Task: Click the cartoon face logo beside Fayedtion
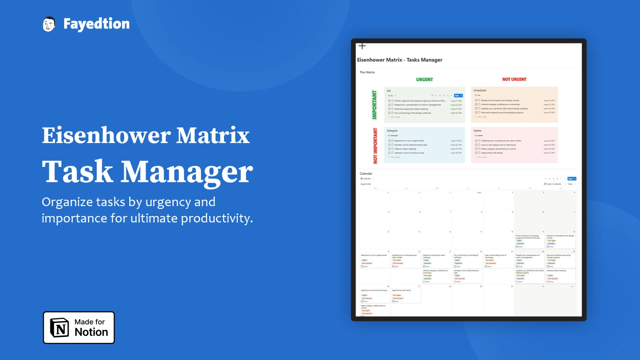coord(49,24)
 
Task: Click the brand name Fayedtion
coord(96,24)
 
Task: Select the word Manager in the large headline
coord(187,171)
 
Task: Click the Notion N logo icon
coord(59,328)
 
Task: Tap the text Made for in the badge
coord(89,322)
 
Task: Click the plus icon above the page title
coord(362,46)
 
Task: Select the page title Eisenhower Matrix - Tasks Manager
coord(400,60)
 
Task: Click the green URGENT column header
coord(424,79)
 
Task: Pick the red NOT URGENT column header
coord(514,79)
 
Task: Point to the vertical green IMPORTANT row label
coord(374,105)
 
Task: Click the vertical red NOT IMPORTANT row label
coord(375,146)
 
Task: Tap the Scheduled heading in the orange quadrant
coord(480,90)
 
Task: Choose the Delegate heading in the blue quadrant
coord(392,131)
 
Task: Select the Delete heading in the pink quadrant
coord(477,131)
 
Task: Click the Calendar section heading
coord(366,174)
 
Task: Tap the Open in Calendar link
coord(553,184)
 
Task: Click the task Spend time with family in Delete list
coord(492,153)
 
